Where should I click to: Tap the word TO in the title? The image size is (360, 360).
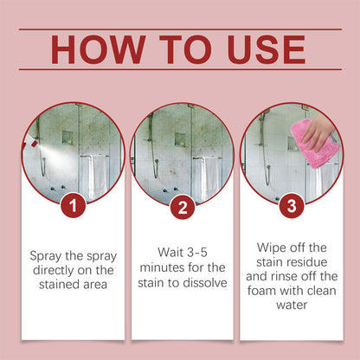[x=183, y=49]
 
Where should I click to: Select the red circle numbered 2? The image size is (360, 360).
[x=182, y=207]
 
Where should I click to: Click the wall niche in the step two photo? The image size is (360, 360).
[x=178, y=138]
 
